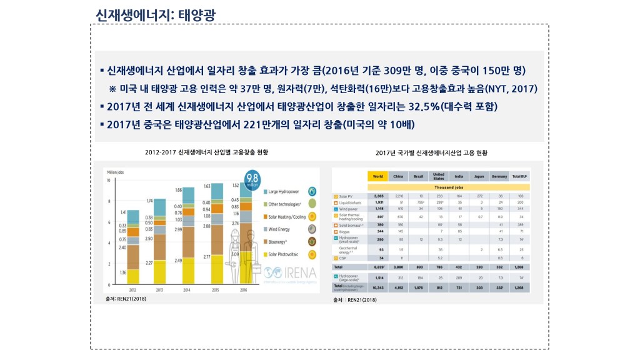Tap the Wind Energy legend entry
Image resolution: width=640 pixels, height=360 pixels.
(281, 229)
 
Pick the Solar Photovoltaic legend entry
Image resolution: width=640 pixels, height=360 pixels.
(285, 254)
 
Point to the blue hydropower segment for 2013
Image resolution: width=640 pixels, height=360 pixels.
(159, 207)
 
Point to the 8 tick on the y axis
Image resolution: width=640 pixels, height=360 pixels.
(109, 201)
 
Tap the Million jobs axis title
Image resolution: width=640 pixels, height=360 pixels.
(117, 172)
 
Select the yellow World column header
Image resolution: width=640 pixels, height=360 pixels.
(377, 176)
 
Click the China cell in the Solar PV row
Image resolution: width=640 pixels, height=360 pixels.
(400, 196)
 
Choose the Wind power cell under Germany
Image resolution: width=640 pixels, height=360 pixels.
(500, 208)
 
